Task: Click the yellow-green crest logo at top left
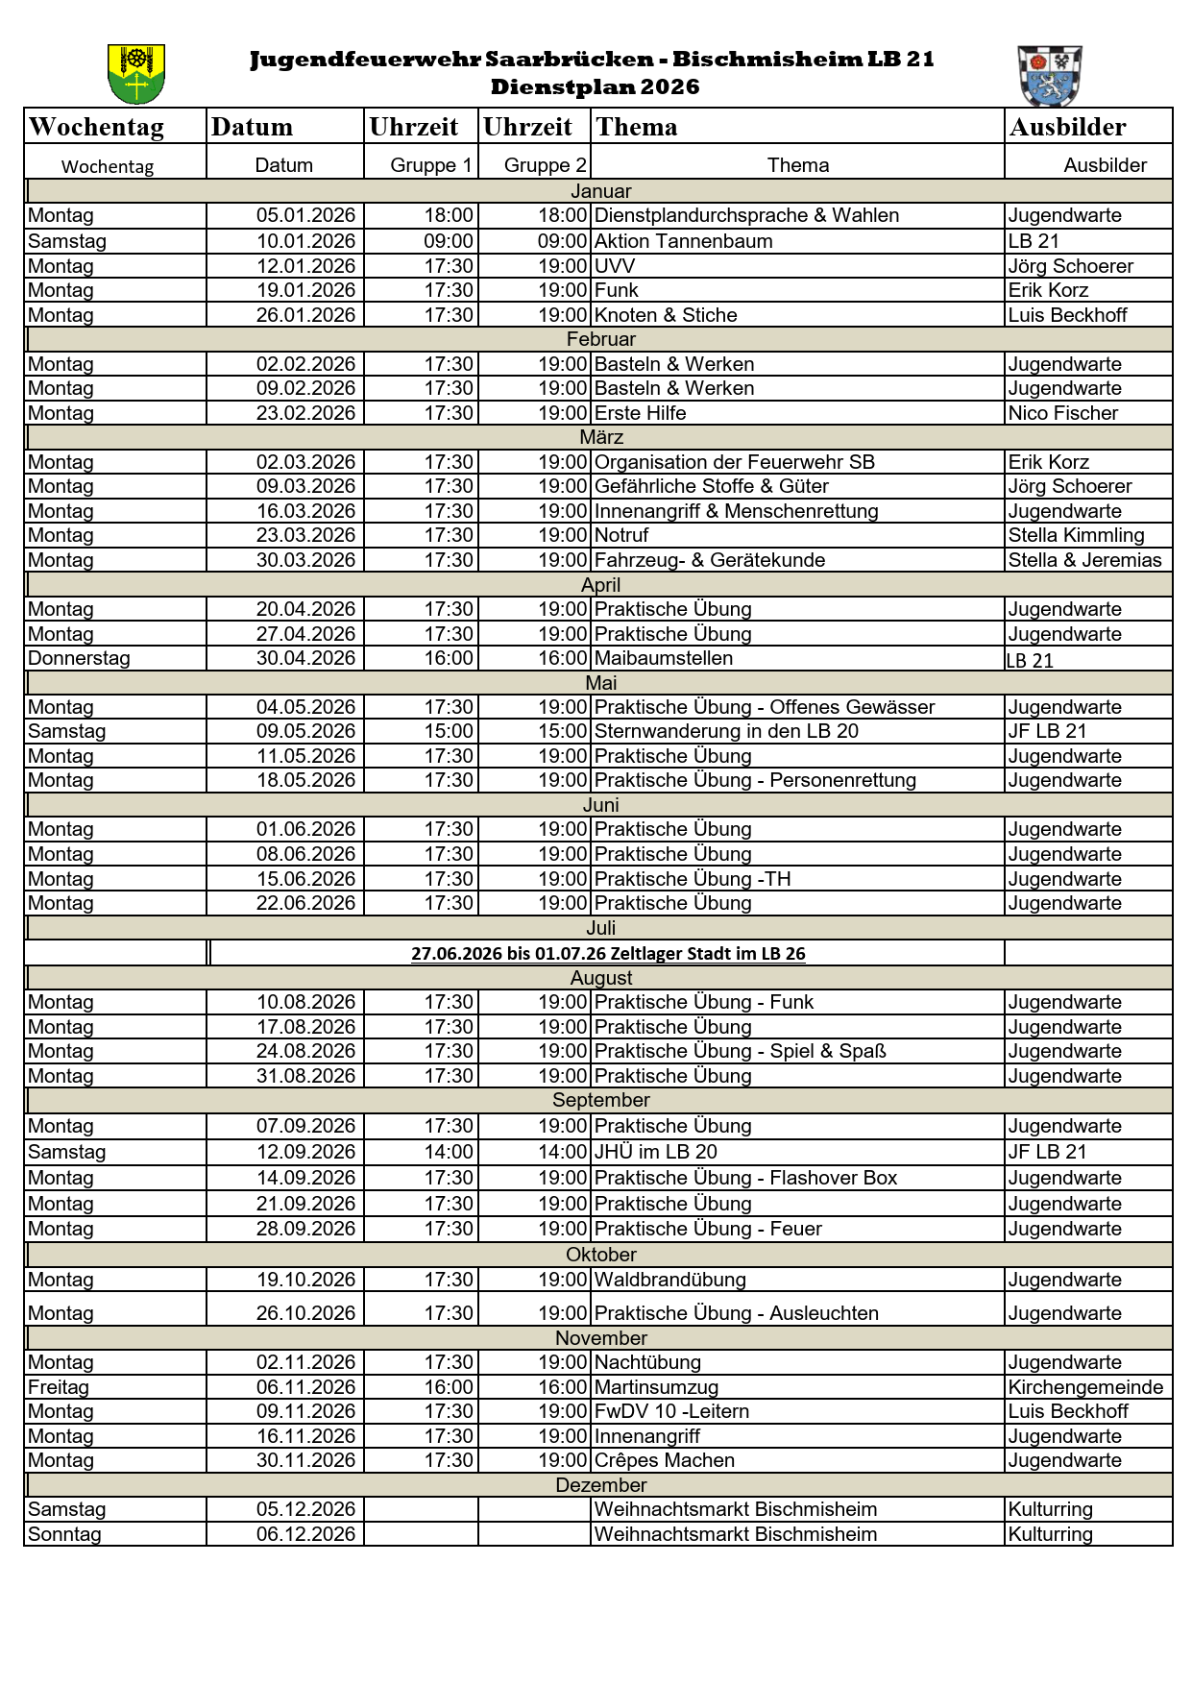click(x=135, y=74)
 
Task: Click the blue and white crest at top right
click(x=1050, y=75)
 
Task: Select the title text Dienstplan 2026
click(x=595, y=86)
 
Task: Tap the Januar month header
click(x=600, y=191)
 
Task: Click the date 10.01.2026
click(x=305, y=241)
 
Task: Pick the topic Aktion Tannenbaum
click(x=683, y=241)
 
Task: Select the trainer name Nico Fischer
click(x=1062, y=413)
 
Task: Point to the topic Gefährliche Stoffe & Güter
click(x=711, y=486)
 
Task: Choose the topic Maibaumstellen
click(x=663, y=658)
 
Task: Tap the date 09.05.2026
click(x=305, y=731)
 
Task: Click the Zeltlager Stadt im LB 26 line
click(x=608, y=953)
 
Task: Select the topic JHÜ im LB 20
click(x=655, y=1152)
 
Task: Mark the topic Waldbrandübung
click(x=669, y=1280)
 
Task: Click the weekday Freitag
click(x=59, y=1387)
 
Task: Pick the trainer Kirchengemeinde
click(x=1085, y=1387)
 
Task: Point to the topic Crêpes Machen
click(x=664, y=1460)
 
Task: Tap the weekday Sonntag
click(x=64, y=1534)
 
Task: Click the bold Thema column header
click(x=636, y=127)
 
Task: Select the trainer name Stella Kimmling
click(x=1076, y=535)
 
